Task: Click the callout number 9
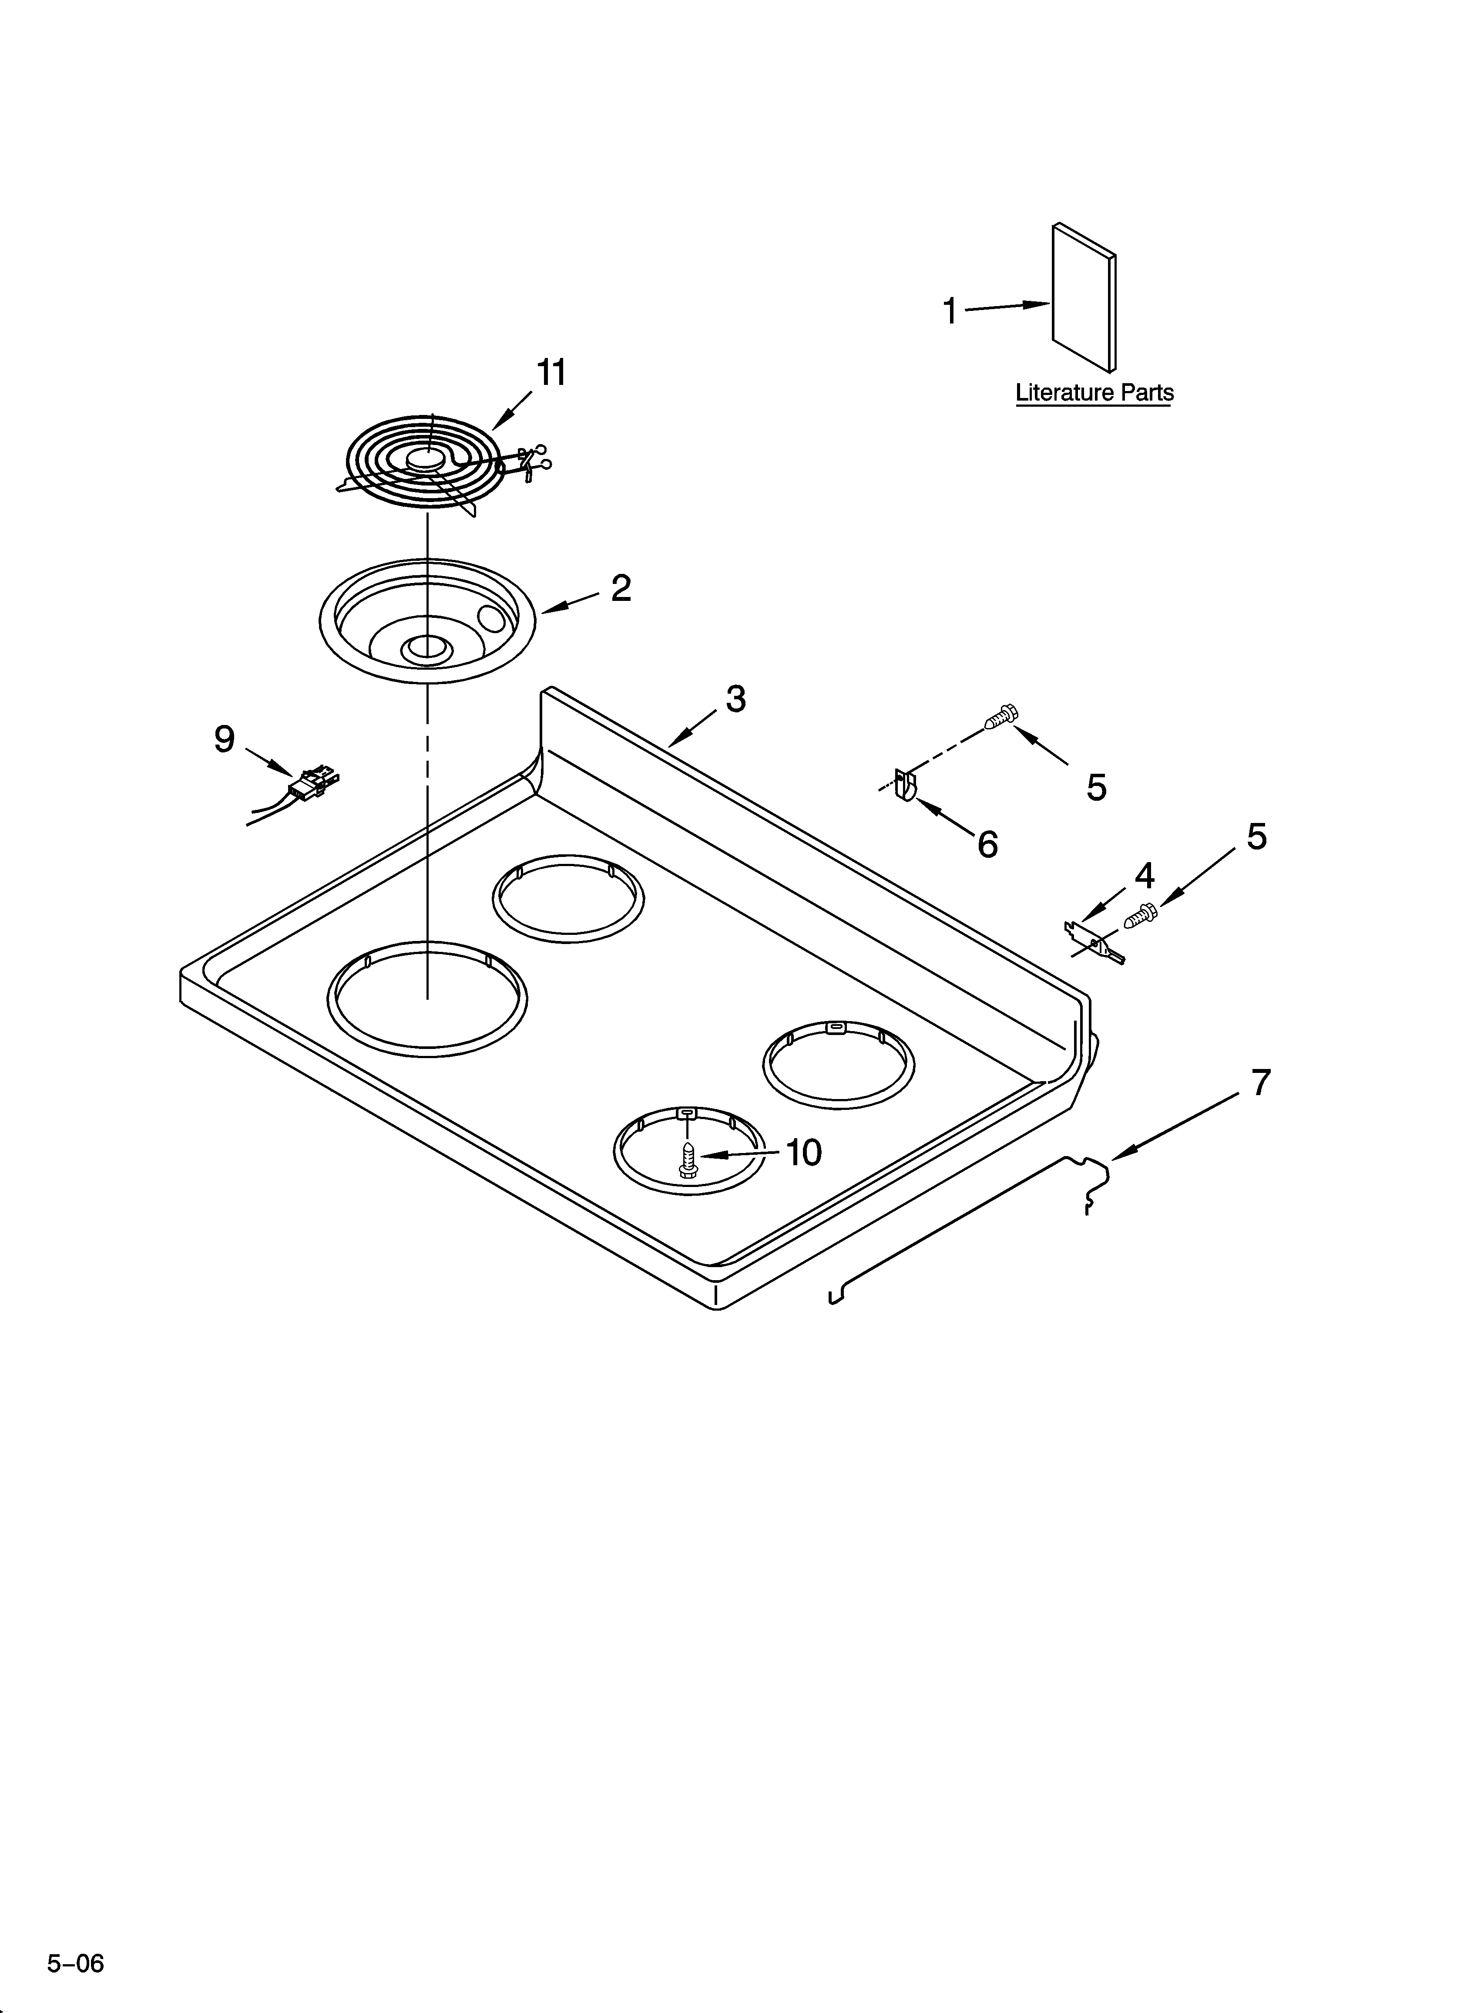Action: click(x=225, y=738)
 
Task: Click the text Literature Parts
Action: click(x=1094, y=392)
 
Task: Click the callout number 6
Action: click(x=987, y=844)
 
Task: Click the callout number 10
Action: click(x=803, y=1153)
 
